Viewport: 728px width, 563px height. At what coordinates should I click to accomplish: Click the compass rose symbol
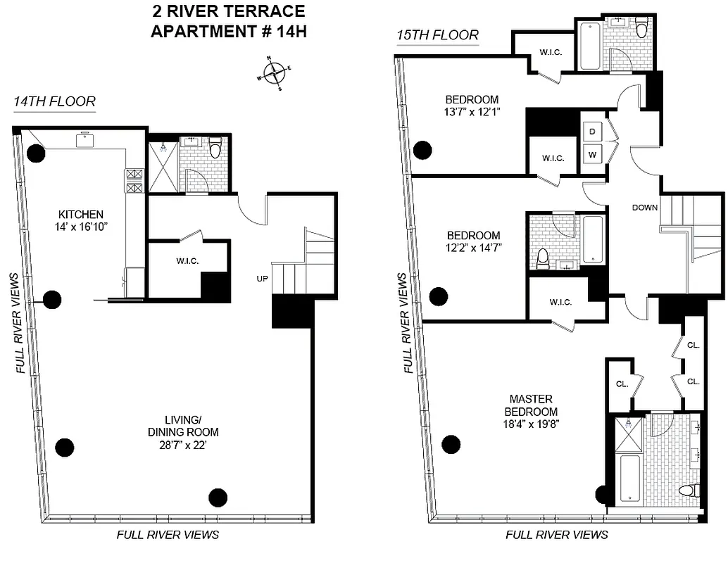coord(274,73)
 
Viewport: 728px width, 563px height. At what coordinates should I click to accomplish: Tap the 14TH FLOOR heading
coord(54,103)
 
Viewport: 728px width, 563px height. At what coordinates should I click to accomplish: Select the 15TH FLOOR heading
coord(437,35)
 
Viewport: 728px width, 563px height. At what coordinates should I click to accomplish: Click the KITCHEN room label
coord(81,215)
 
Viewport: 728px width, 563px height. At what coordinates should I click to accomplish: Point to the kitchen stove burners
coord(134,180)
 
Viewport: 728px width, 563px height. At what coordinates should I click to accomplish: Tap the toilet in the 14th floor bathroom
coord(215,148)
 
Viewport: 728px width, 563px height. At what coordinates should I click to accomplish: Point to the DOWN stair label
coord(644,208)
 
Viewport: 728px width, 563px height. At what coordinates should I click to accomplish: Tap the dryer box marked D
coord(592,132)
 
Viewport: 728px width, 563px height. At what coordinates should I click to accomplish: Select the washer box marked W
coord(592,154)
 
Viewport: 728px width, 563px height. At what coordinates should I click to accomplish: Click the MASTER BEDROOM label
coord(535,405)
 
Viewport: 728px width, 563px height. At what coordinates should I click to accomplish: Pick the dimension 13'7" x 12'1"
coord(472,112)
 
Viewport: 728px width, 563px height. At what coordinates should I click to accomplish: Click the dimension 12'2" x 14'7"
coord(473,248)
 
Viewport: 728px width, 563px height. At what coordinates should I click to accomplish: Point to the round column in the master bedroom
coord(451,444)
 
